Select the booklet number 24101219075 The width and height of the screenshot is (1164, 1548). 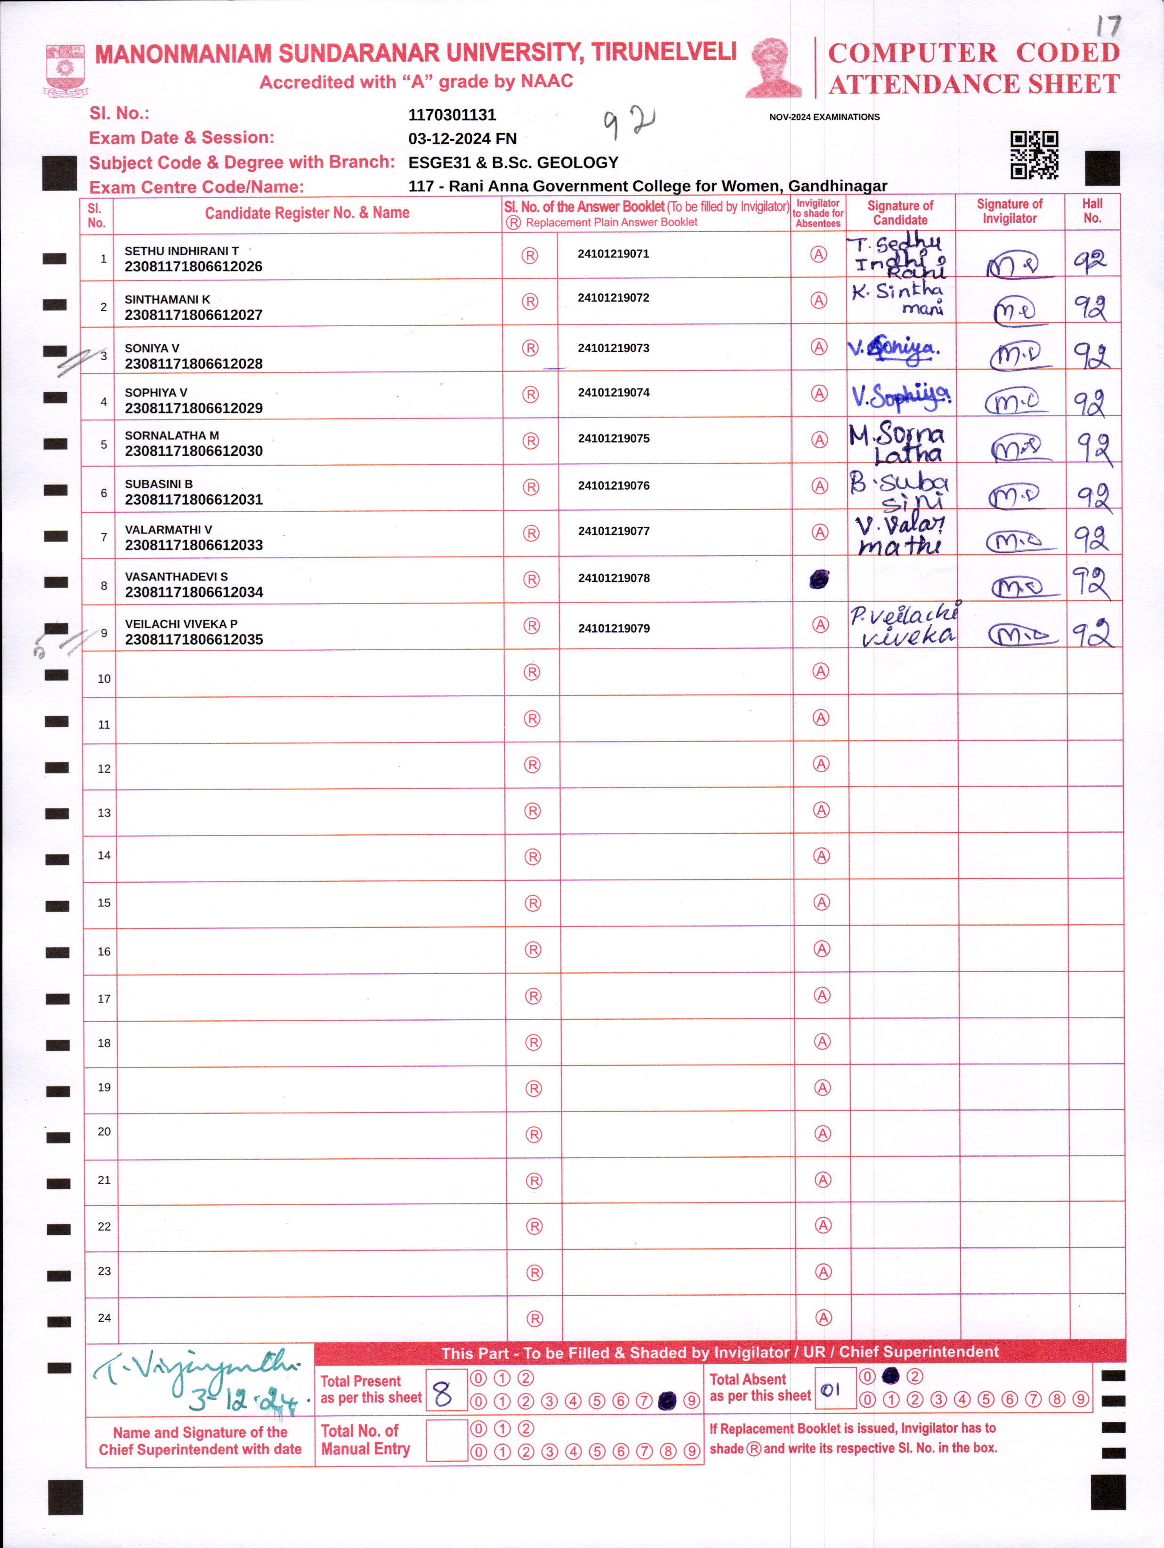coord(613,439)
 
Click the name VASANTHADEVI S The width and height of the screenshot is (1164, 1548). coord(176,577)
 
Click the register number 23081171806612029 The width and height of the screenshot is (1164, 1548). coord(193,408)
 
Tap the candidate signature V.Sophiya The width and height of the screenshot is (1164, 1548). coord(900,396)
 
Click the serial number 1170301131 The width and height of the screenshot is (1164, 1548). coord(452,115)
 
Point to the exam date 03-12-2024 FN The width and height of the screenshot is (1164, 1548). coord(462,138)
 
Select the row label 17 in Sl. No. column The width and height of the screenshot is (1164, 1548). coord(104,999)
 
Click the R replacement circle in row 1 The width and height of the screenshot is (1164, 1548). coord(530,256)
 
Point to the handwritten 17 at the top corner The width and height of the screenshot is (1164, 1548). coord(1108,26)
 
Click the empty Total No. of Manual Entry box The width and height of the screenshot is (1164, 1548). coord(446,1440)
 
